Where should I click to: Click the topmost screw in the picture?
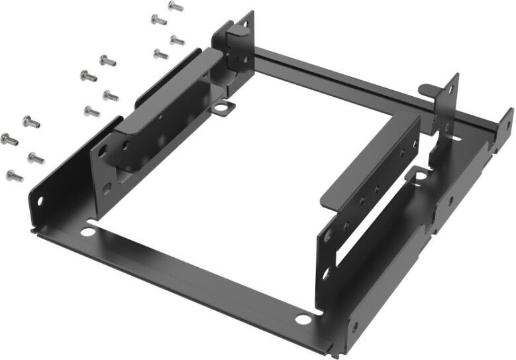(176, 6)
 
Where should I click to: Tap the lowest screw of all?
(14, 176)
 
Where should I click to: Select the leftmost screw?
(8, 138)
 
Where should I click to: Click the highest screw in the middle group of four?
(107, 60)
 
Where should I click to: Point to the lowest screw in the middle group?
(92, 111)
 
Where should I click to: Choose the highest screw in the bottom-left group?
(31, 121)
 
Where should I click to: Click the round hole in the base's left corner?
(87, 233)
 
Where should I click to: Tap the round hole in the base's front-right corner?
(302, 319)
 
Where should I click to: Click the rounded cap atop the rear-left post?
(238, 29)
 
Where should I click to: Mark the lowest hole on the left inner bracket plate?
(107, 188)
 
